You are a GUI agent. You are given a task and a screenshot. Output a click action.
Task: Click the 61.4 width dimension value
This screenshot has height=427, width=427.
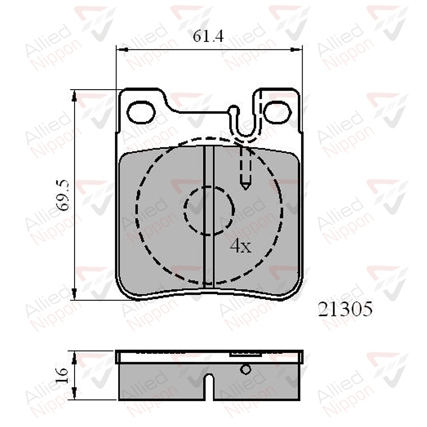208,37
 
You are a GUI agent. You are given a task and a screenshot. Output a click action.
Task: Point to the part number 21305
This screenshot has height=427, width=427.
345,309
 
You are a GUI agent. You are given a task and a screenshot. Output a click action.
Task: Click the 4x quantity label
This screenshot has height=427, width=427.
241,246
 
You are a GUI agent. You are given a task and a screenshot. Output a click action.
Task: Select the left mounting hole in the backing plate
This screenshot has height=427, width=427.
141,113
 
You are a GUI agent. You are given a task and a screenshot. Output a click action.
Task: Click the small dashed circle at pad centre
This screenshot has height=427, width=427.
208,210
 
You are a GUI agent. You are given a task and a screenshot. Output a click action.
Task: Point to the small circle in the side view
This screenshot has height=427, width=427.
245,369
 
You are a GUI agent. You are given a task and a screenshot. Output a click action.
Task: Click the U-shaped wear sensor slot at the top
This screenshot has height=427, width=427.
246,124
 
